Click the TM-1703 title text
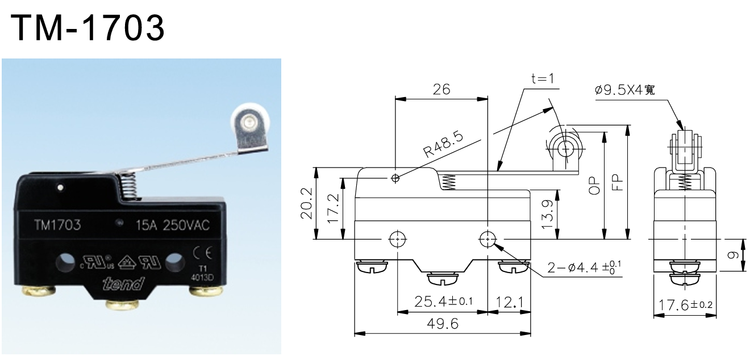89,28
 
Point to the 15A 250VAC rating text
172,225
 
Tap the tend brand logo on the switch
124,283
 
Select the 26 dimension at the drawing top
441,90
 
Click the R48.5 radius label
444,145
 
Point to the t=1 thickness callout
542,79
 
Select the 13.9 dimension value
546,215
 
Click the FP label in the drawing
618,181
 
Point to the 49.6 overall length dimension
441,324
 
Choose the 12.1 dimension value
509,302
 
